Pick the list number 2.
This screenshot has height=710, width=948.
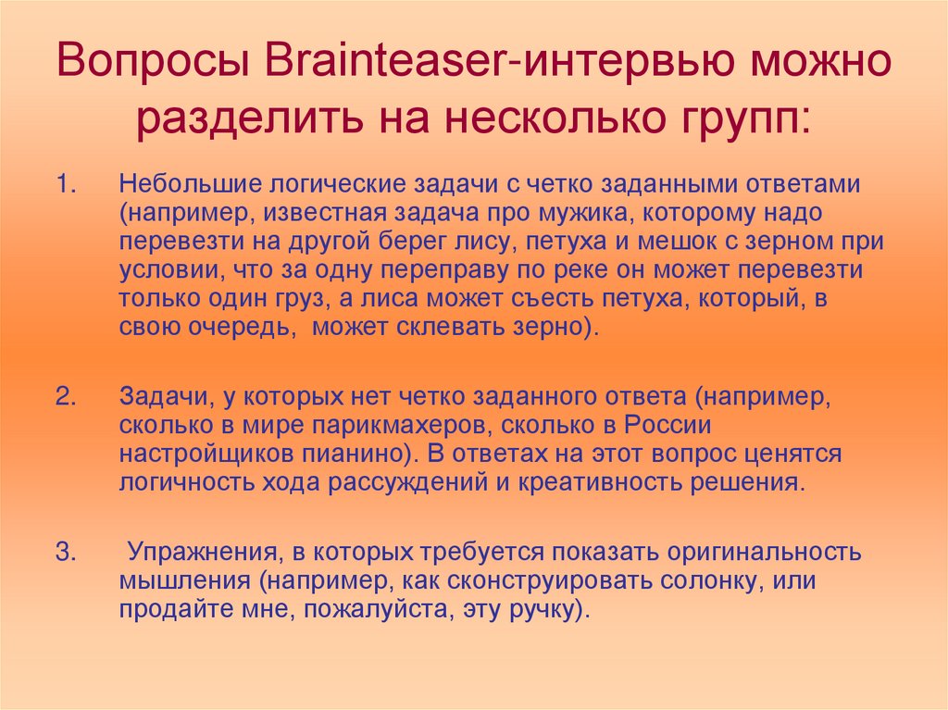point(66,397)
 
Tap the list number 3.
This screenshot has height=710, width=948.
point(66,552)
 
